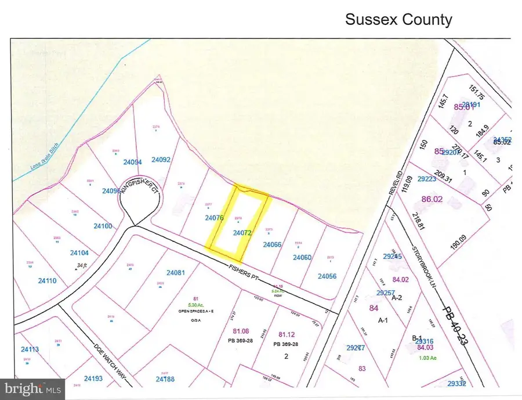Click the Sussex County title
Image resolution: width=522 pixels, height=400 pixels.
click(x=398, y=19)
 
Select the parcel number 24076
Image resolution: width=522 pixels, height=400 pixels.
click(x=215, y=218)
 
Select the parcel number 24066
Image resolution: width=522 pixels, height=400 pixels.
click(x=272, y=244)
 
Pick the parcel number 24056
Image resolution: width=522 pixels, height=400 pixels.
click(x=327, y=276)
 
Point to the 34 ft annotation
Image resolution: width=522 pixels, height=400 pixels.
click(x=84, y=265)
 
